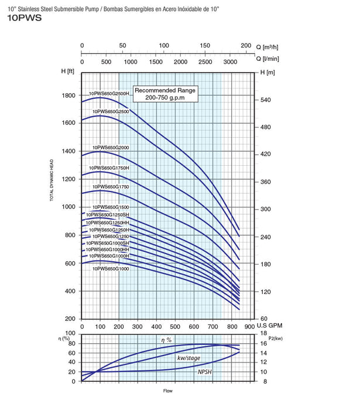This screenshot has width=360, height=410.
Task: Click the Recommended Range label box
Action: point(164,94)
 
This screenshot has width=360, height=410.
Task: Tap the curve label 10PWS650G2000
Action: point(111,146)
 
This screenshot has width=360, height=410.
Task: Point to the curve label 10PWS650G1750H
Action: point(111,168)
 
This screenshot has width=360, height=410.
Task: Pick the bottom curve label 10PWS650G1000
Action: point(109,268)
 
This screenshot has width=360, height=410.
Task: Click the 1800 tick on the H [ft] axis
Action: point(68,95)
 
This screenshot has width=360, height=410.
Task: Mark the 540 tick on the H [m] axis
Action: point(266,100)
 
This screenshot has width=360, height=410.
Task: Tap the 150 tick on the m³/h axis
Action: point(205,45)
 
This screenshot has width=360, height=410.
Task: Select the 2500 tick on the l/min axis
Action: point(205,61)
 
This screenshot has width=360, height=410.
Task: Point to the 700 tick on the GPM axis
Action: point(211,326)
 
